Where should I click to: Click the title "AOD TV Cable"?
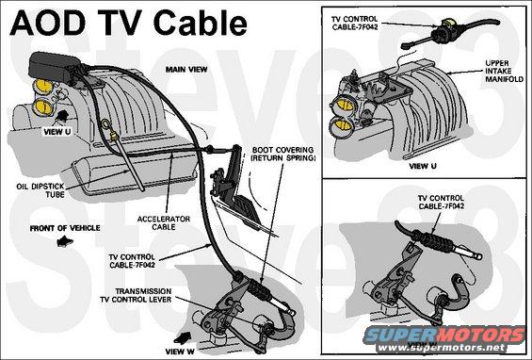click(128, 23)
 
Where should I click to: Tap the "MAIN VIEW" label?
click(186, 70)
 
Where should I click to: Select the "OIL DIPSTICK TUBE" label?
click(40, 190)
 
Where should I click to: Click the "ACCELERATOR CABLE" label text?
click(164, 222)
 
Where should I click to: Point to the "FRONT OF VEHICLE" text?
click(65, 228)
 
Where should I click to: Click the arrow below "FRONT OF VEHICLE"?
click(65, 241)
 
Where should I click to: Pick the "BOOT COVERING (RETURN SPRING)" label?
click(282, 154)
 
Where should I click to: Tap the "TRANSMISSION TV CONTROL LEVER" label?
click(136, 296)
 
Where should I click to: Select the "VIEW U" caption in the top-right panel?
click(423, 166)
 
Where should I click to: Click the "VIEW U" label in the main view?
click(57, 132)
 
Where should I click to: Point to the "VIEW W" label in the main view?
click(180, 352)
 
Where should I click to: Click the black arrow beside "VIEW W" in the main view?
click(183, 337)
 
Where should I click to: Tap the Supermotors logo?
click(445, 338)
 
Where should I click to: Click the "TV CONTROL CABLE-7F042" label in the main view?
click(132, 261)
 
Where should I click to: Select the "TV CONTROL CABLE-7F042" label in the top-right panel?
click(355, 24)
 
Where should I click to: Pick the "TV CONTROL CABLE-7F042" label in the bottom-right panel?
click(441, 202)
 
